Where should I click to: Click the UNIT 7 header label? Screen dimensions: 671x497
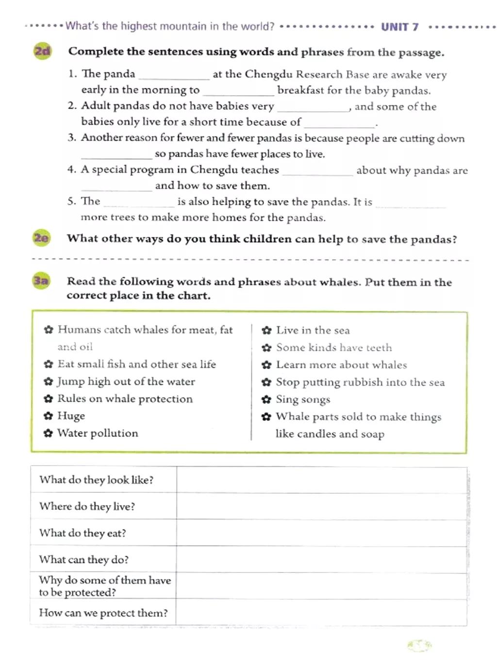pyautogui.click(x=399, y=27)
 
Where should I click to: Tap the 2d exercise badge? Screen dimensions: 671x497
pyautogui.click(x=43, y=51)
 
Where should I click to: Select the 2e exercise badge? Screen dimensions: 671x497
pyautogui.click(x=42, y=238)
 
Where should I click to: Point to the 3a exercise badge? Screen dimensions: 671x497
pyautogui.click(x=41, y=281)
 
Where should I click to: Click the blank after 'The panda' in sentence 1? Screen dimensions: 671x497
pyautogui.click(x=174, y=76)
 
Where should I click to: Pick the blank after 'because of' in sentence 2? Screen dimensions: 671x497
pyautogui.click(x=339, y=123)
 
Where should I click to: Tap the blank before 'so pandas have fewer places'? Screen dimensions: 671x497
pyautogui.click(x=116, y=155)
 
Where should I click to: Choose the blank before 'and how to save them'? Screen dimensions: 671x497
pyautogui.click(x=116, y=187)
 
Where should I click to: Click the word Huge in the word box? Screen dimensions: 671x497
pyautogui.click(x=71, y=416)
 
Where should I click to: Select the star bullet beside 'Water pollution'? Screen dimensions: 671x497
pyautogui.click(x=48, y=433)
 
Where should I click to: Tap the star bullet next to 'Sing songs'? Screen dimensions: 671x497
pyautogui.click(x=266, y=400)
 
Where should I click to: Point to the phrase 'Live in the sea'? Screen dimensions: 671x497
pyautogui.click(x=313, y=330)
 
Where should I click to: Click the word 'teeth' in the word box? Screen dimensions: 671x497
pyautogui.click(x=379, y=348)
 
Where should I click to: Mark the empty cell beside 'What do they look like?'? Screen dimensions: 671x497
pyautogui.click(x=321, y=480)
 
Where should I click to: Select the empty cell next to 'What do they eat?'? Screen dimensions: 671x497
pyautogui.click(x=321, y=533)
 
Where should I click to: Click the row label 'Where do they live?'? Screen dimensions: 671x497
pyautogui.click(x=87, y=506)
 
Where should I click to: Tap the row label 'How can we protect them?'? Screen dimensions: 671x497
pyautogui.click(x=103, y=613)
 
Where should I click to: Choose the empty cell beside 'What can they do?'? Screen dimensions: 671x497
pyautogui.click(x=321, y=559)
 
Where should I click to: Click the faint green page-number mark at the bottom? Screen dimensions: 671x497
pyautogui.click(x=419, y=645)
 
